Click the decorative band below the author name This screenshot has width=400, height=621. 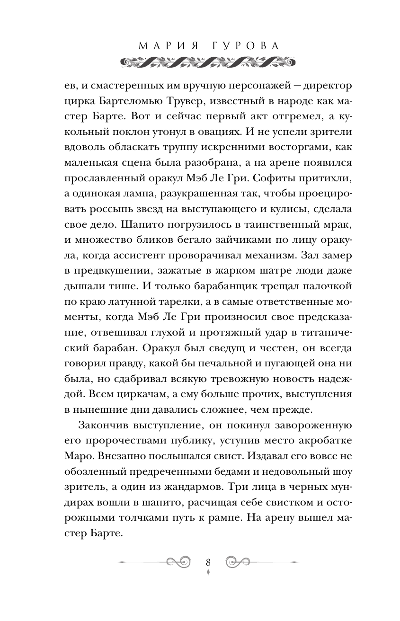[x=200, y=62]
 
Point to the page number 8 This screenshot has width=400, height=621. [x=208, y=562]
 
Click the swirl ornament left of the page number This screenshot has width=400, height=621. [x=178, y=562]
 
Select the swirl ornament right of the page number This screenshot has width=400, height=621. [x=238, y=562]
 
